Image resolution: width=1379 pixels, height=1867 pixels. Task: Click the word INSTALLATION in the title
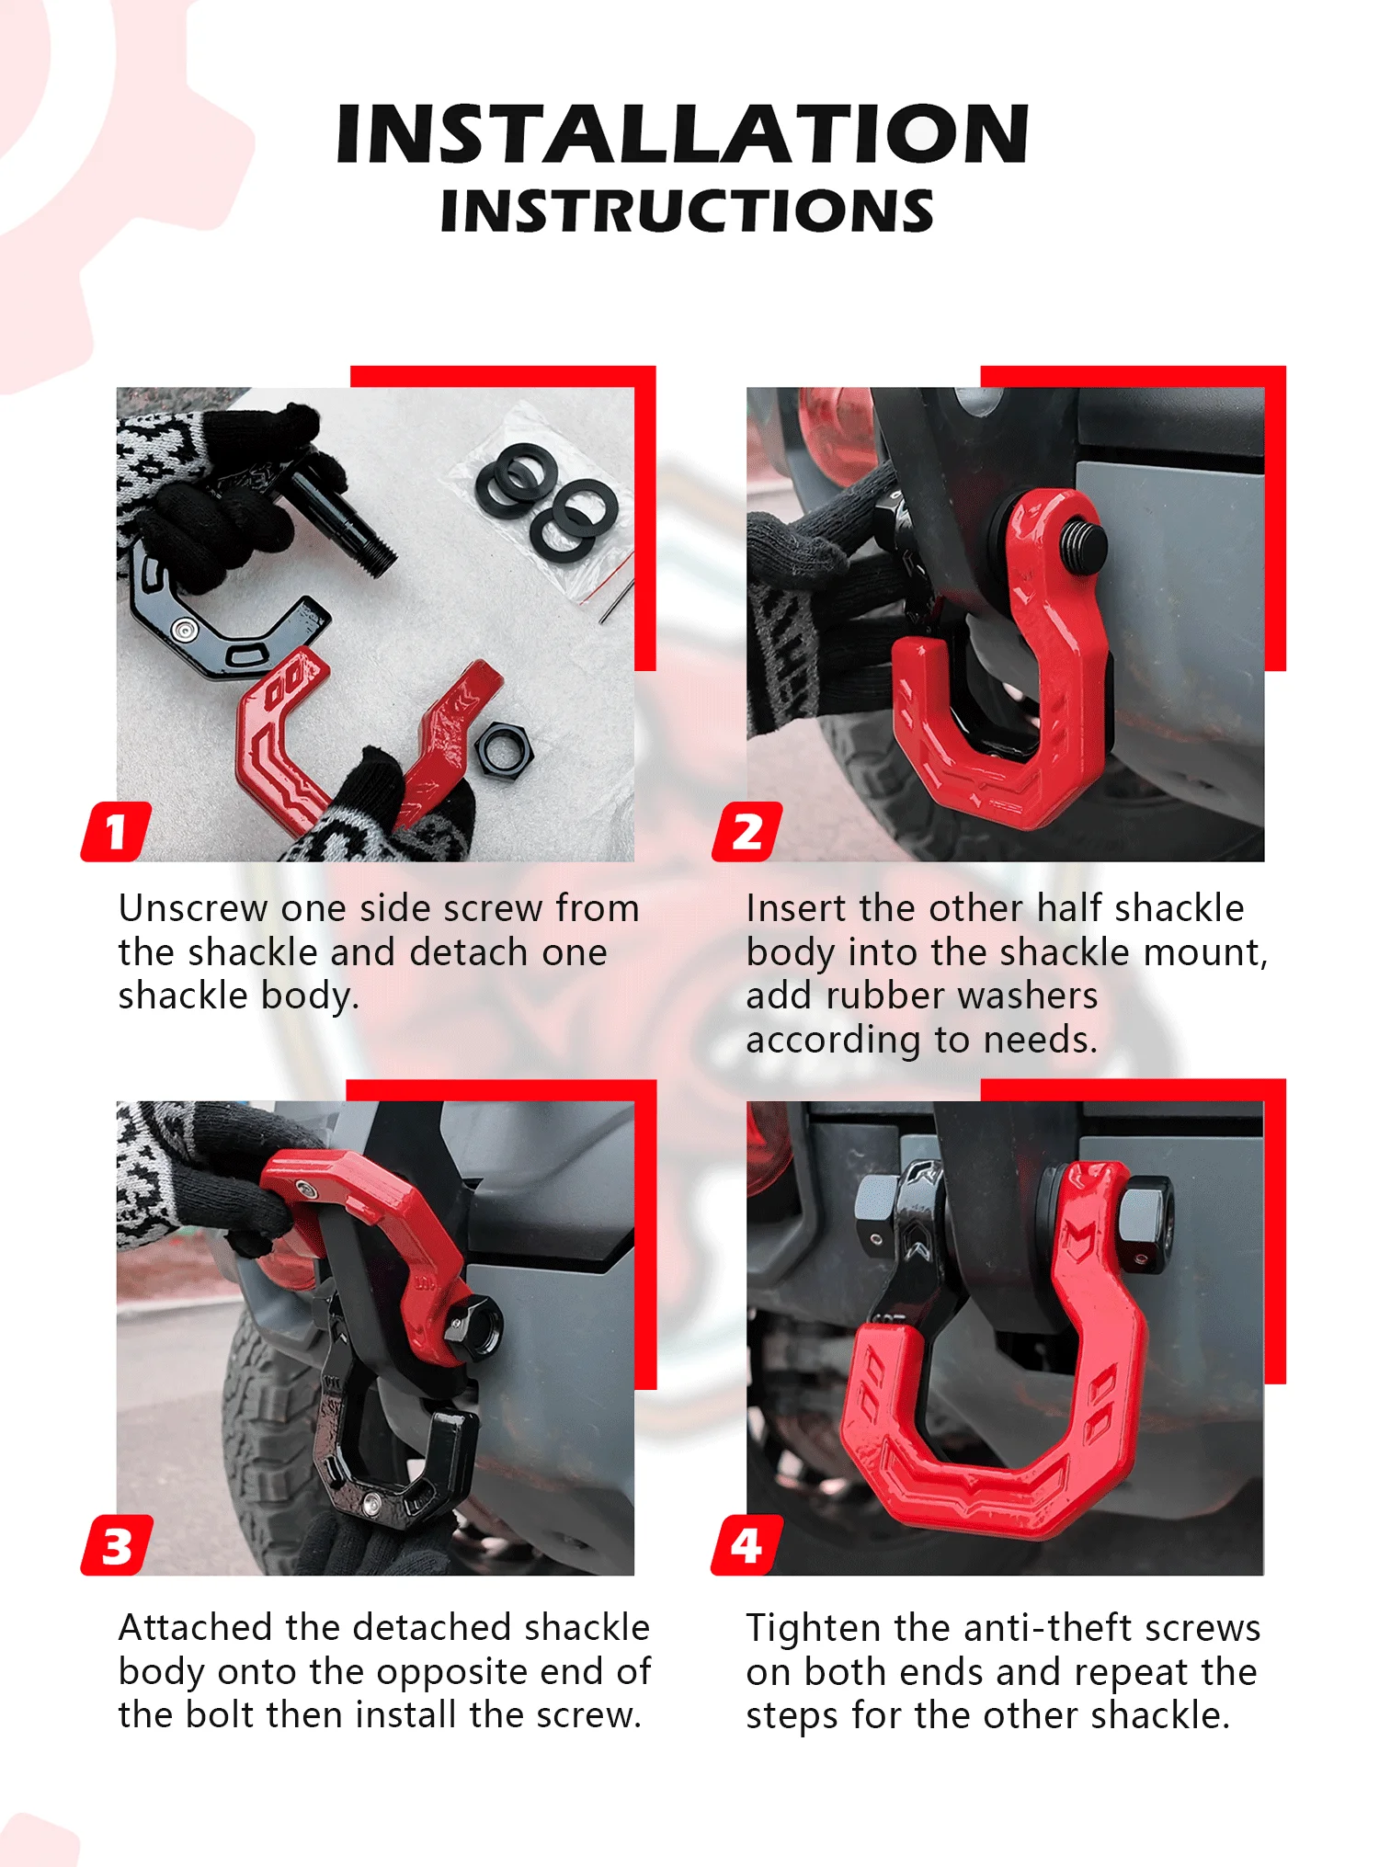[682, 133]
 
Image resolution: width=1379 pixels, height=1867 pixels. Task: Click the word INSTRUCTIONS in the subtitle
[687, 211]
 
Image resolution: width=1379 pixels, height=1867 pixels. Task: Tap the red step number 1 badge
[117, 831]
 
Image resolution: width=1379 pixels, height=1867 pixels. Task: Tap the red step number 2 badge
[747, 831]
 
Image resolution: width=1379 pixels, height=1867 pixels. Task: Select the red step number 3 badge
[117, 1545]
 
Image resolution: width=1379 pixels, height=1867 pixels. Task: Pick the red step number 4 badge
[747, 1545]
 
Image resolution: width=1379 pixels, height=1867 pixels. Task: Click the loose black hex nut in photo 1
[503, 749]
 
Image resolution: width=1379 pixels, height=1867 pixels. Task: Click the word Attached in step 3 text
[196, 1627]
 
